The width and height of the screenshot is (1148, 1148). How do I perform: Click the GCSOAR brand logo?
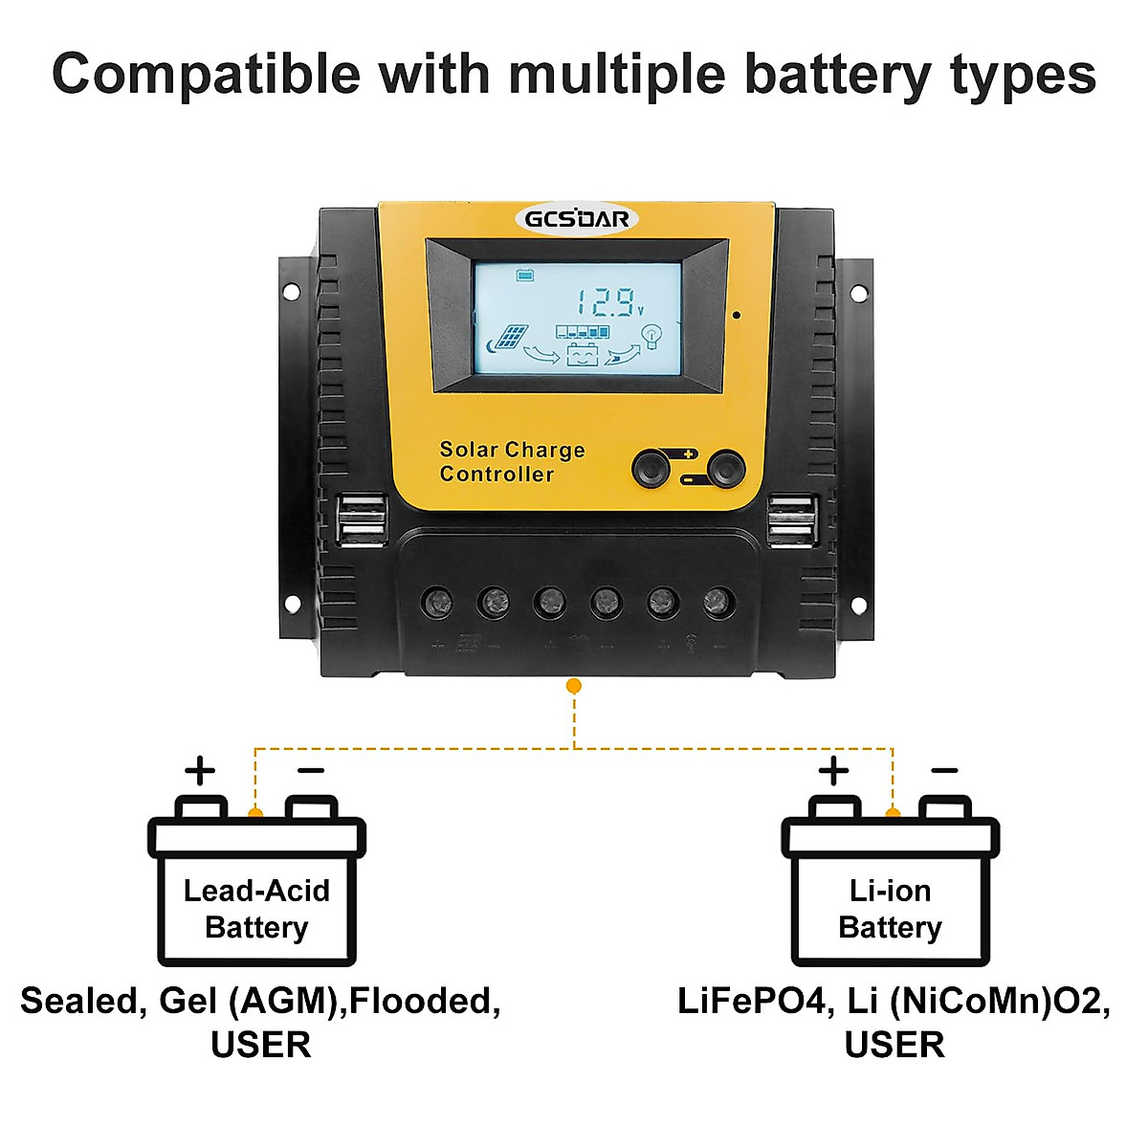click(577, 219)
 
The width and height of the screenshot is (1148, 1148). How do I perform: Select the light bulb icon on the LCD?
click(652, 336)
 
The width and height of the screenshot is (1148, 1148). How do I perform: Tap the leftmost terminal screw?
click(437, 603)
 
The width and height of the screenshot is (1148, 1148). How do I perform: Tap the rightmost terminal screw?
click(719, 603)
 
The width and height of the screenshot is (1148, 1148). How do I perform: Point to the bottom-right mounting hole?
click(858, 605)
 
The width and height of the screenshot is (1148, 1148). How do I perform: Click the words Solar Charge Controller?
click(511, 462)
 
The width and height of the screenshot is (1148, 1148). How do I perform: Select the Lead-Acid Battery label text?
click(256, 909)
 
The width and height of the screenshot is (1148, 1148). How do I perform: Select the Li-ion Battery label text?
click(890, 909)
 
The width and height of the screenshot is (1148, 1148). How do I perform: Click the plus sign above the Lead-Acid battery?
click(200, 770)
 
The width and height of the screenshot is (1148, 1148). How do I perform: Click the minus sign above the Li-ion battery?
click(944, 771)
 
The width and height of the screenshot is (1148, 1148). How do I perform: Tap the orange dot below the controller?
click(574, 686)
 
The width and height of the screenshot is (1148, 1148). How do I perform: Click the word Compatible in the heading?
click(206, 75)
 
